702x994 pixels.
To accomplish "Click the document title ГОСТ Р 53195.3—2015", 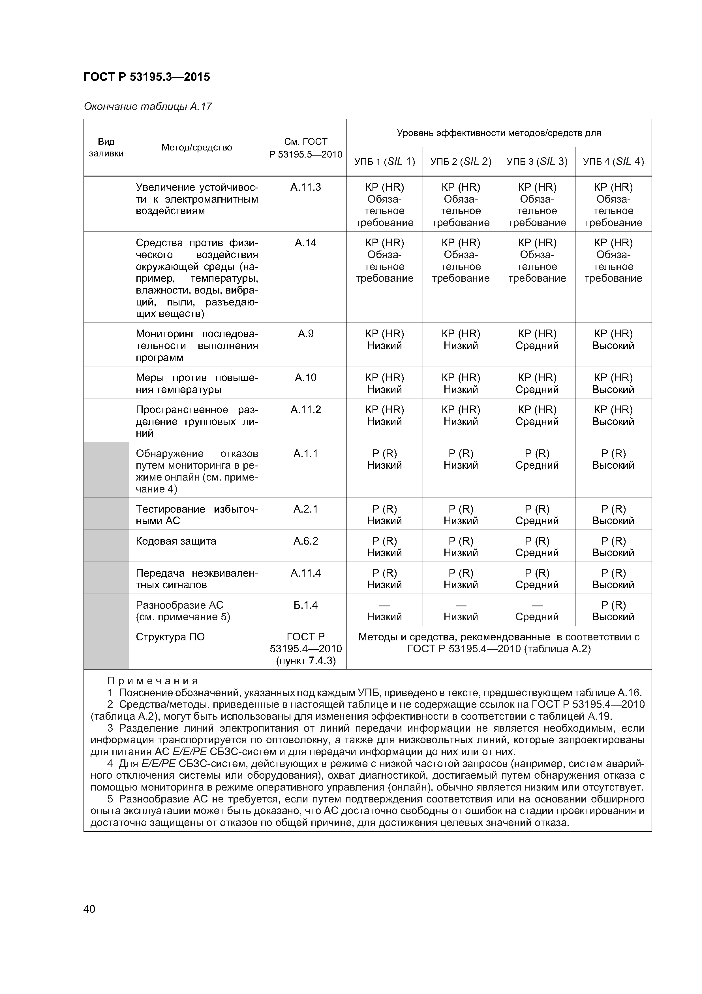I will tap(147, 77).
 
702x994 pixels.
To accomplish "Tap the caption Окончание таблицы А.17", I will tap(147, 107).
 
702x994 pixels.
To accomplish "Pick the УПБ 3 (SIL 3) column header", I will tap(537, 162).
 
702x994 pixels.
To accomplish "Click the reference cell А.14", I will tap(305, 243).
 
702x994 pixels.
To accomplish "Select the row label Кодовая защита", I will tap(176, 541).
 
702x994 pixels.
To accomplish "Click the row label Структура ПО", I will tap(170, 637).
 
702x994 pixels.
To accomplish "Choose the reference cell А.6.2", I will tap(305, 541).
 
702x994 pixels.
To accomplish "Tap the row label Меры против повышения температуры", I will tap(197, 383).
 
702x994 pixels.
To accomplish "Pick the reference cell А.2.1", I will tap(305, 509).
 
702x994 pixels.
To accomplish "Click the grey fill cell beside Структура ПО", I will tap(106, 647).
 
